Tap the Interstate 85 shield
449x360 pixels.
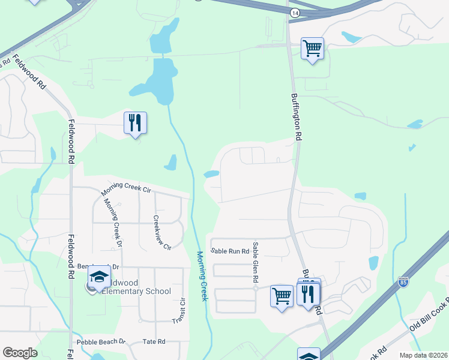point(403,281)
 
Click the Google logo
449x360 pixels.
point(20,353)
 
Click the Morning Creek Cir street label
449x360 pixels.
point(125,189)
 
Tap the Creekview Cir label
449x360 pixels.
point(162,233)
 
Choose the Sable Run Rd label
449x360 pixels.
point(230,251)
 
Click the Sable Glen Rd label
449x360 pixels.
point(255,262)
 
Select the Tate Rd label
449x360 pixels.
point(154,342)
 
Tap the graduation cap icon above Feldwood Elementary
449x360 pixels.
point(98,277)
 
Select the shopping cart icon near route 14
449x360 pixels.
point(312,47)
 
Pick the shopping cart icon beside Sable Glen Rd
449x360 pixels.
point(281,295)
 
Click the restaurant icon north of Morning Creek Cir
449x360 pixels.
point(135,122)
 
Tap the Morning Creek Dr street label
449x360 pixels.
point(112,223)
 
